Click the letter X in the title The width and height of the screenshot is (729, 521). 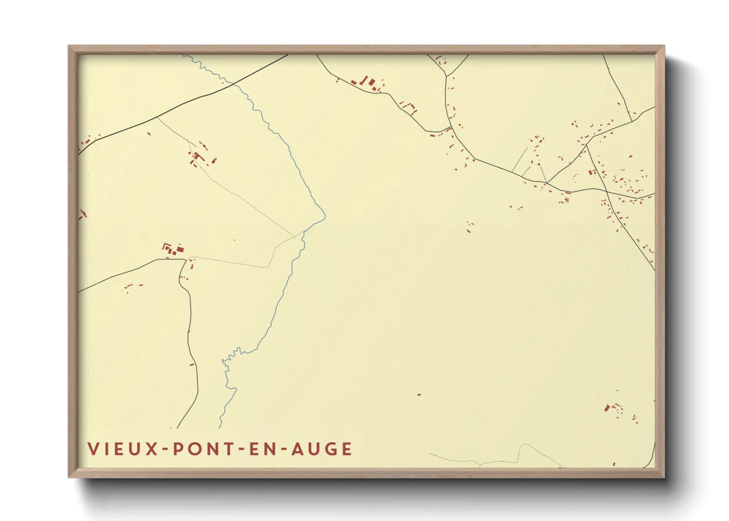tap(151, 449)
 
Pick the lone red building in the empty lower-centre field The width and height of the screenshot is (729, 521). tap(419, 394)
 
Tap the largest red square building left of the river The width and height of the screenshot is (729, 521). tap(180, 250)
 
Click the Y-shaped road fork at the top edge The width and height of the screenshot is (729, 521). tap(446, 75)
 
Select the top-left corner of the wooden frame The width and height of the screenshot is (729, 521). tap(69, 46)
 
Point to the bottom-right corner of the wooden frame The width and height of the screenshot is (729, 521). tap(664, 477)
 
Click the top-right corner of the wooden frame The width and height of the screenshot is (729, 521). tap(664, 46)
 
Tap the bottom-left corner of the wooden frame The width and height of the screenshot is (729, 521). tap(69, 477)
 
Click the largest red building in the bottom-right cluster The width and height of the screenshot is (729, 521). tap(607, 408)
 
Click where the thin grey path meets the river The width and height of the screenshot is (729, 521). tap(302, 232)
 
